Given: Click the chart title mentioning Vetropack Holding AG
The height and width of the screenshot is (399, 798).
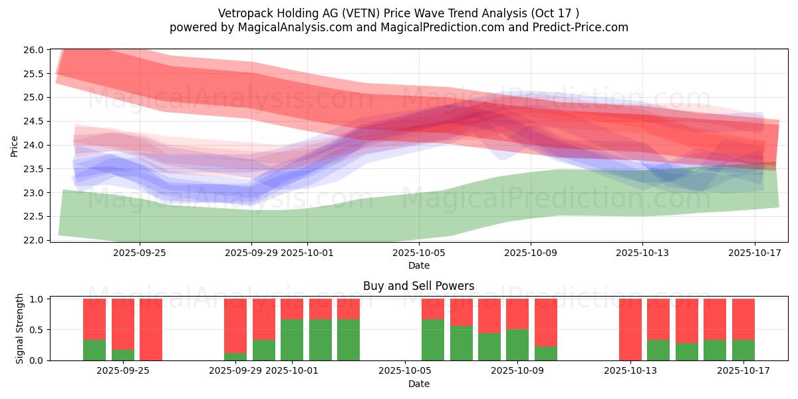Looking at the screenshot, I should [398, 13].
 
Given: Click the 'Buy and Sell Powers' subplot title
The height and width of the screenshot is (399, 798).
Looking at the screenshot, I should [418, 286].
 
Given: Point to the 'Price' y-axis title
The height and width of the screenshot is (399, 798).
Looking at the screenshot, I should [15, 146].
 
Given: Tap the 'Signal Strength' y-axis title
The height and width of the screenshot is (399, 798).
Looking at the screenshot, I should [20, 329].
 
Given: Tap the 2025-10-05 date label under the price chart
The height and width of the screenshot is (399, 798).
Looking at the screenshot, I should [419, 253].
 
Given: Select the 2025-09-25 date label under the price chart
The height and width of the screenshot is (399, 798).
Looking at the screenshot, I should [140, 253].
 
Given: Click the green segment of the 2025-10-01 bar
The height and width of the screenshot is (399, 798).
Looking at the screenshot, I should [292, 340].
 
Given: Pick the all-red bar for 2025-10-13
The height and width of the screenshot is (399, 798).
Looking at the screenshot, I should [630, 329].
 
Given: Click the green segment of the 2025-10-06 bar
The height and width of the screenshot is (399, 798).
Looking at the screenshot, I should [433, 340].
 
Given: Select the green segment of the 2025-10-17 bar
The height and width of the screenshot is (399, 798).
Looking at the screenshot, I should [743, 350].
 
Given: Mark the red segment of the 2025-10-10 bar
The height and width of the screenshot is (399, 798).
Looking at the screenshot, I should [546, 323].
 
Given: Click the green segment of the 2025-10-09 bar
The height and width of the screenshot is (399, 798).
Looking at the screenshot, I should [517, 344].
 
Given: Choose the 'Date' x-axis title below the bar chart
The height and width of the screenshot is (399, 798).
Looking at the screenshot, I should [418, 384].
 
